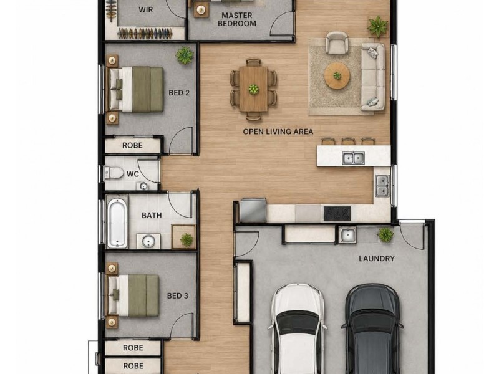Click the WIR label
click(x=146, y=10)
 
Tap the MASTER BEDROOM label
click(x=237, y=19)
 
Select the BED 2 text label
click(x=179, y=93)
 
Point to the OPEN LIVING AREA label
click(x=278, y=132)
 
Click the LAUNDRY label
click(x=377, y=259)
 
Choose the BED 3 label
click(x=178, y=296)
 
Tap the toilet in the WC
click(x=114, y=173)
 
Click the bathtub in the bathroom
click(x=117, y=223)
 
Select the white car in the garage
click(x=298, y=329)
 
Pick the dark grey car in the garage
click(x=372, y=329)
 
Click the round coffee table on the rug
click(x=337, y=76)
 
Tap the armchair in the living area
click(x=337, y=42)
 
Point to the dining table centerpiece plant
click(x=254, y=89)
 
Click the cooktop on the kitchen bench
click(x=337, y=213)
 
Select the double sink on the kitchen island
click(x=353, y=158)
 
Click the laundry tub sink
click(x=347, y=236)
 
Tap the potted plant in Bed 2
click(x=184, y=55)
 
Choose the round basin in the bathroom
click(x=148, y=241)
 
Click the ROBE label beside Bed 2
click(x=132, y=146)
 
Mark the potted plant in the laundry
click(x=385, y=235)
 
